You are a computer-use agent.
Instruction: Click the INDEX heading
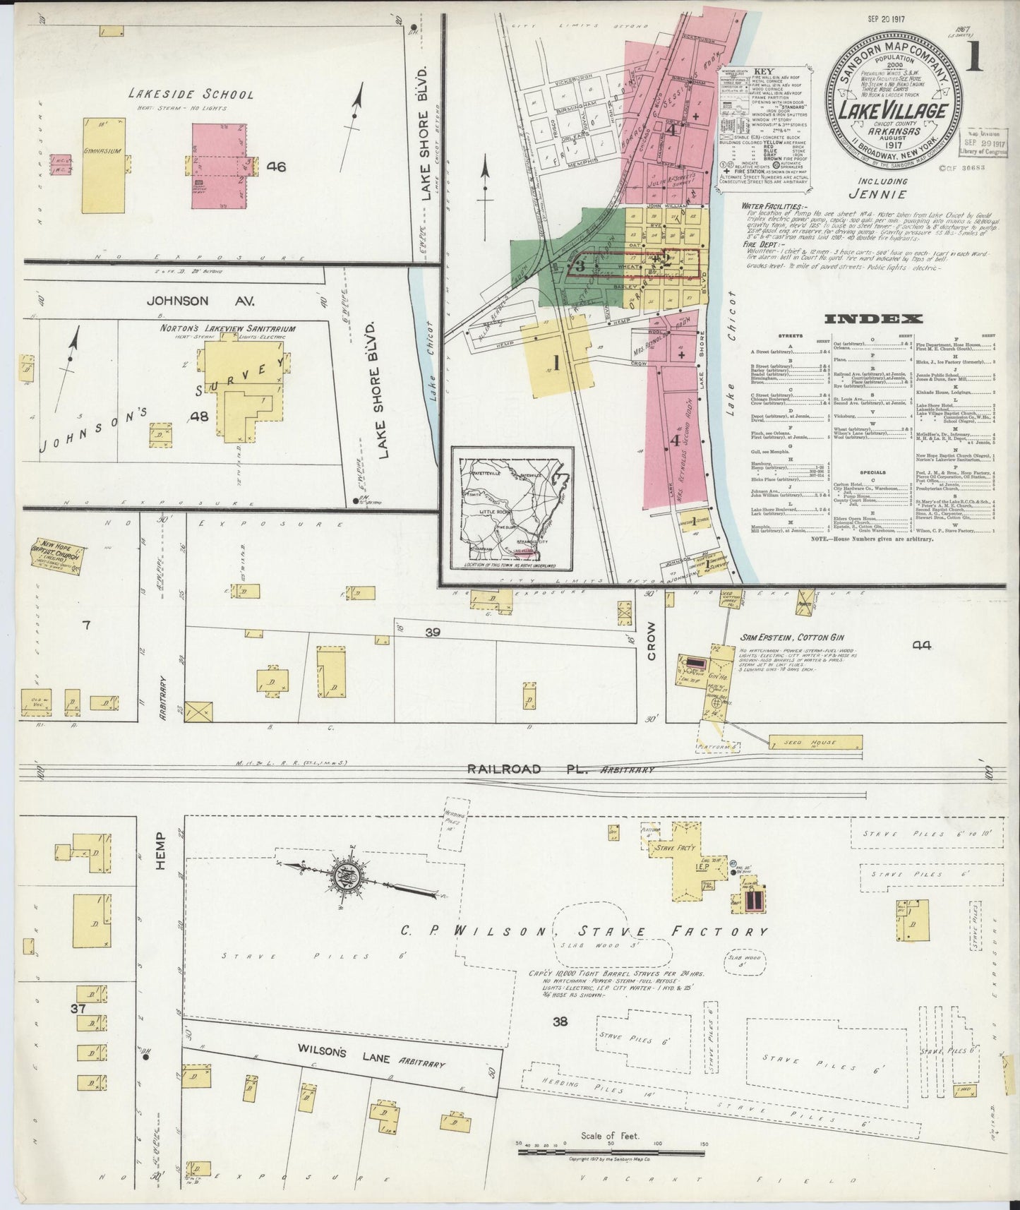click(873, 319)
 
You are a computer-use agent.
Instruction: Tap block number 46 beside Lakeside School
click(276, 167)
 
